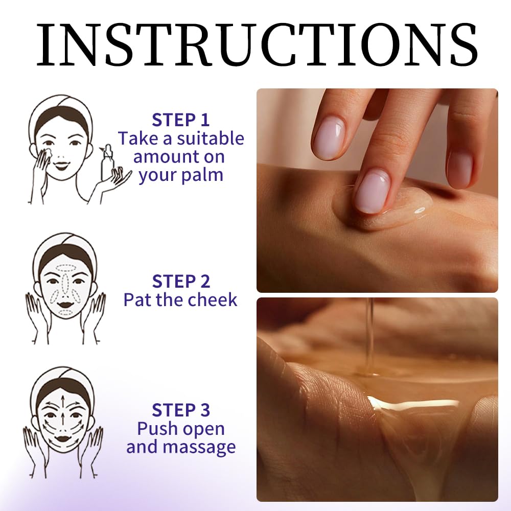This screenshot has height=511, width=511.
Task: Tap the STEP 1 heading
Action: (180, 120)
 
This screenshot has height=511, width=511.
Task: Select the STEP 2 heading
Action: (180, 282)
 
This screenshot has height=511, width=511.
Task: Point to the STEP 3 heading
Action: (180, 410)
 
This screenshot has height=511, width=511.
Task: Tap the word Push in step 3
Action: (157, 429)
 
